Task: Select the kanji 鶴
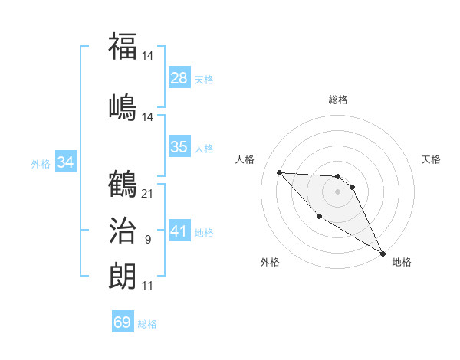pyautogui.click(x=123, y=184)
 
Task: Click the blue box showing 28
pyautogui.click(x=179, y=77)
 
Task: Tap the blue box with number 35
pyautogui.click(x=179, y=147)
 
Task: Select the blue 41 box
pyautogui.click(x=179, y=231)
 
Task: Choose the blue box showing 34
pyautogui.click(x=66, y=162)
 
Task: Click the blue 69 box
pyautogui.click(x=123, y=322)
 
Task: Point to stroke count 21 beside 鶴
pyautogui.click(x=148, y=193)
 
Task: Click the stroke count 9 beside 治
pyautogui.click(x=148, y=241)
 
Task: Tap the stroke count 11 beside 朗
pyautogui.click(x=147, y=286)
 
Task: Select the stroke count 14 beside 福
pyautogui.click(x=149, y=55)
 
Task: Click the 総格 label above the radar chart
pyautogui.click(x=338, y=100)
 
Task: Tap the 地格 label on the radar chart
pyautogui.click(x=402, y=262)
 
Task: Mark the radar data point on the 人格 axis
pyautogui.click(x=279, y=172)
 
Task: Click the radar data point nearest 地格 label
pyautogui.click(x=383, y=253)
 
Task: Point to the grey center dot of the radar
pyautogui.click(x=338, y=191)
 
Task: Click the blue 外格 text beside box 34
pyautogui.click(x=41, y=163)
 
